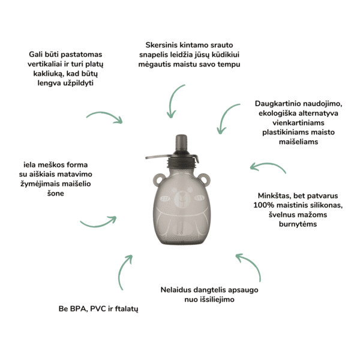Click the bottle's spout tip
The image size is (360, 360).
pyautogui.click(x=181, y=137)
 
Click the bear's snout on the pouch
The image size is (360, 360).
pyautogui.click(x=181, y=200)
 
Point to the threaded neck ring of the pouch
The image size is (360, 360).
pyautogui.click(x=182, y=163)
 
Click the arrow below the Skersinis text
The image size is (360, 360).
pyautogui.click(x=173, y=102)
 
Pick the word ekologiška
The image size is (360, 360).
pyautogui.click(x=277, y=113)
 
